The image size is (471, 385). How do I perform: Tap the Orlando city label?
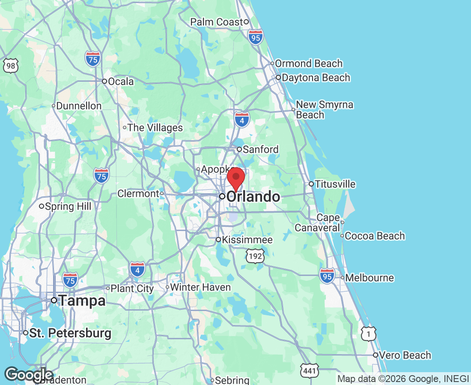coord(253,197)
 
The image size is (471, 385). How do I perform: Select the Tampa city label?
coord(82,301)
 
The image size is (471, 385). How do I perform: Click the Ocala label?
coord(121,81)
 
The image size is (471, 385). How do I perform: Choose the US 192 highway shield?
coord(255,255)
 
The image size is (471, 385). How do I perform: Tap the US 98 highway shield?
coord(10,65)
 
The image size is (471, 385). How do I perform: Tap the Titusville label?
coord(335,184)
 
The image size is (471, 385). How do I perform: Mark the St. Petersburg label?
coord(70,333)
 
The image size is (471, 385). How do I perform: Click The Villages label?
coord(155,127)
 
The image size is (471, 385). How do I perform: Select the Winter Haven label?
coord(200,287)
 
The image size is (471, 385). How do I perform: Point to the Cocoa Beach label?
coord(375,236)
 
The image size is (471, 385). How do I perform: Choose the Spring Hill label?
coord(68,207)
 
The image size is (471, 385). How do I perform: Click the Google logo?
coord(29,374)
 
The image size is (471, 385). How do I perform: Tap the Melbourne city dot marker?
coord(342,278)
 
